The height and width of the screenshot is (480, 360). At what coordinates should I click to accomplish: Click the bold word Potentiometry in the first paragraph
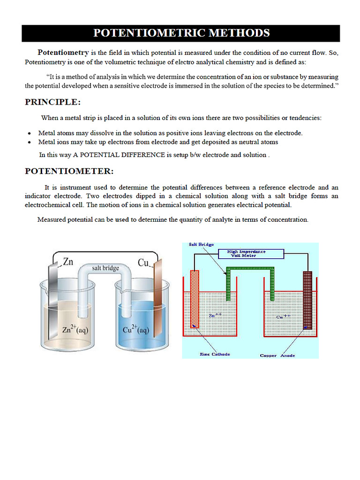pyautogui.click(x=63, y=52)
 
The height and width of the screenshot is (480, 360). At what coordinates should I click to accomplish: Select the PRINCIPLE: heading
pyautogui.click(x=53, y=102)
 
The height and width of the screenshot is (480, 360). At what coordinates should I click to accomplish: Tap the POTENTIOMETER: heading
pyautogui.click(x=69, y=171)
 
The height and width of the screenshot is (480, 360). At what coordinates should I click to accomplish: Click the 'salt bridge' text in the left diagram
pyautogui.click(x=105, y=268)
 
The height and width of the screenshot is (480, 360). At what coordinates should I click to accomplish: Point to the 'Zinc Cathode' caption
pyautogui.click(x=215, y=354)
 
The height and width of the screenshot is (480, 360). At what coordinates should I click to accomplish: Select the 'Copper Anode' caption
pyautogui.click(x=277, y=355)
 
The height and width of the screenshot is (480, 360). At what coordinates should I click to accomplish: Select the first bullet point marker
pyautogui.click(x=30, y=134)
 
